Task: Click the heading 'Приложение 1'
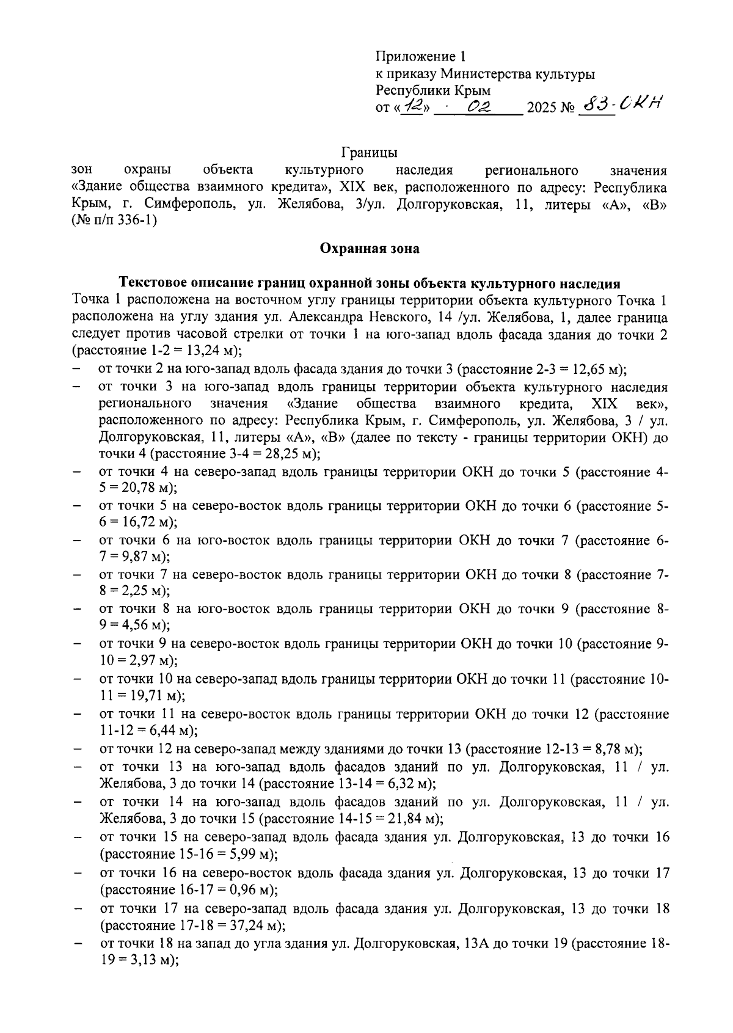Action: click(420, 57)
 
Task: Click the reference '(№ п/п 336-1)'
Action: click(114, 221)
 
